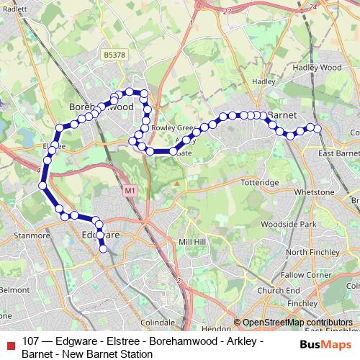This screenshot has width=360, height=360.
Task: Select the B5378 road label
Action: pos(114,54)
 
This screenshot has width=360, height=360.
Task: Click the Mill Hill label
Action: pos(192,241)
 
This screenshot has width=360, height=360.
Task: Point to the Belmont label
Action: pos(12,289)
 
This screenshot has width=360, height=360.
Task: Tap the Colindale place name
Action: pos(158,322)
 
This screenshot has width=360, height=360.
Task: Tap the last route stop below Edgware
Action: pos(104,249)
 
